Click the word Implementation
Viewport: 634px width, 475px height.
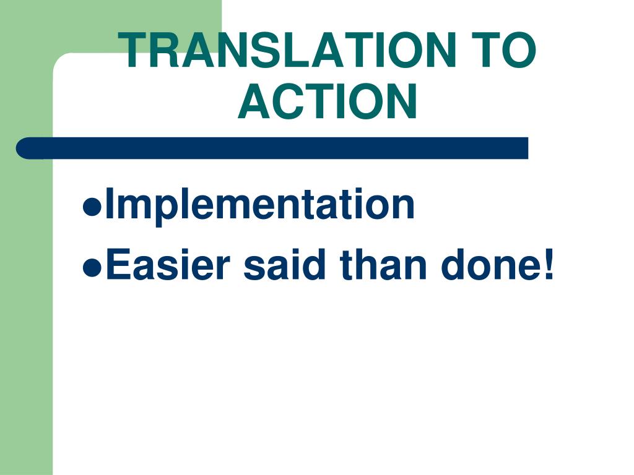(x=259, y=205)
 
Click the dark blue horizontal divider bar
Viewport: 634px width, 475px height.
(x=272, y=148)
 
